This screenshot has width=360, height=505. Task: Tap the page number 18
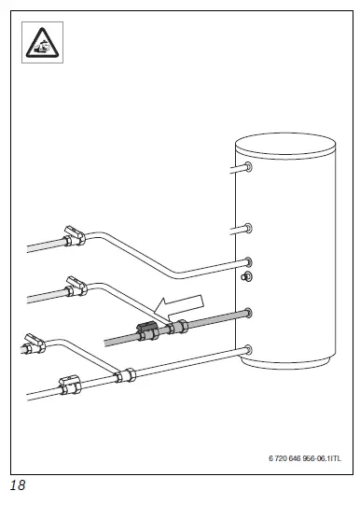tap(18, 486)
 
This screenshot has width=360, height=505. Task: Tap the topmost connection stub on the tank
tap(247, 169)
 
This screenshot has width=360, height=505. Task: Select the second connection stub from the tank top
tap(247, 228)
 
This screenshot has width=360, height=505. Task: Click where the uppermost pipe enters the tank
tap(247, 261)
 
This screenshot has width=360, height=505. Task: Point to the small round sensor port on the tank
tap(246, 277)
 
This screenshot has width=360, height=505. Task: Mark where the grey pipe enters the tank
tap(247, 311)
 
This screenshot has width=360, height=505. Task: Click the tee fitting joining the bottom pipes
tap(121, 376)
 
